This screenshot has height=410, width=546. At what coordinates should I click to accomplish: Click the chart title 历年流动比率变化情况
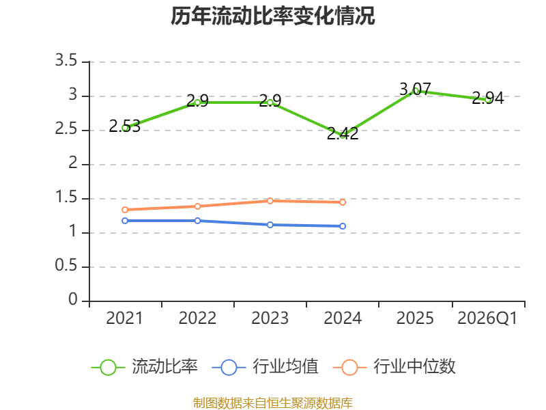tap(272, 16)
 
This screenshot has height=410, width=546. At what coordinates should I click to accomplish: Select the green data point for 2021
tap(125, 128)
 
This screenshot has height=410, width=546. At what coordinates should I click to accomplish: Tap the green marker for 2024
tap(343, 135)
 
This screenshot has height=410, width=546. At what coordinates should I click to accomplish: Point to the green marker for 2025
tap(415, 91)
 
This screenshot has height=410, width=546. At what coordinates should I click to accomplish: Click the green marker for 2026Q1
tap(488, 100)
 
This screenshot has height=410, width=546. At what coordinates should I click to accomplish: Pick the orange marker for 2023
tap(270, 201)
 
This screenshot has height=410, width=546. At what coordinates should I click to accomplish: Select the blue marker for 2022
tap(197, 221)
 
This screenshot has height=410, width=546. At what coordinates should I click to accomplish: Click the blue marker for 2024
tap(343, 226)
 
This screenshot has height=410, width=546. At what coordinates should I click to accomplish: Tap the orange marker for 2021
tap(125, 210)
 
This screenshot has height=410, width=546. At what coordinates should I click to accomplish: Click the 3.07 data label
tap(415, 90)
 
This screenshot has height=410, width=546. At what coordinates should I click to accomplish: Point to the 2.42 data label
tap(343, 133)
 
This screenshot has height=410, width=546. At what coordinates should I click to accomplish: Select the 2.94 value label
tap(488, 98)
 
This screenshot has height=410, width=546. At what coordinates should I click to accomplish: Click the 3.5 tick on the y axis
tap(66, 61)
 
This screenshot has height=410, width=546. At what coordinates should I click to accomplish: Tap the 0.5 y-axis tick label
tap(66, 266)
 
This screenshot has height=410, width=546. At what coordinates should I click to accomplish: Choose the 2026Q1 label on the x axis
tap(487, 318)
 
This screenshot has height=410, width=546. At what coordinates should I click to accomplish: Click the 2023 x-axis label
tap(270, 318)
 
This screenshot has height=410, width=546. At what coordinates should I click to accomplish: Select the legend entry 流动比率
tap(145, 367)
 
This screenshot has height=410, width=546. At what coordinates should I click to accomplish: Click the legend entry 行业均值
tap(265, 367)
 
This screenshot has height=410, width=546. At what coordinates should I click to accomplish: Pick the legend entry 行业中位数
tap(394, 367)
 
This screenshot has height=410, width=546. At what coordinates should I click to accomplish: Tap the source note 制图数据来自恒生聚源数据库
tap(273, 403)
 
